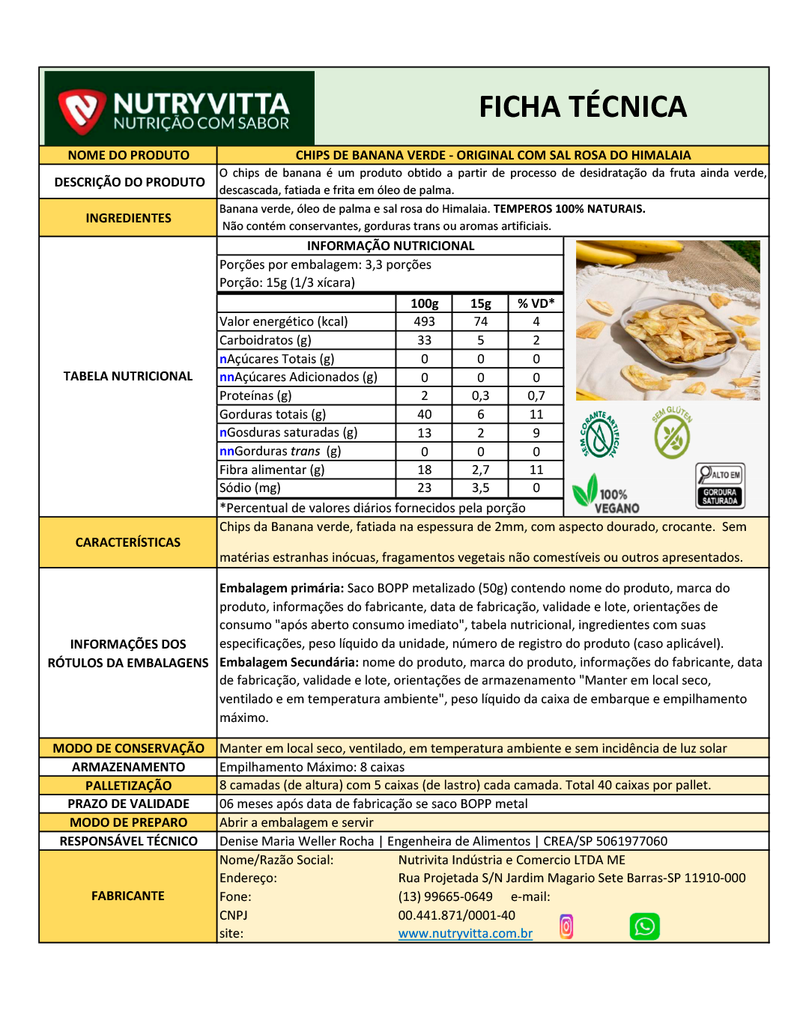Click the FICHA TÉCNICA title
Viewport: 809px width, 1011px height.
[583, 107]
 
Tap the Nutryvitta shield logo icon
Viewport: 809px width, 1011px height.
[82, 111]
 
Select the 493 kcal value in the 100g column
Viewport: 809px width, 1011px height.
[424, 321]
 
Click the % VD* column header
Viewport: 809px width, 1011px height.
[536, 303]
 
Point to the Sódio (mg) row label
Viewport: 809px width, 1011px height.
[250, 488]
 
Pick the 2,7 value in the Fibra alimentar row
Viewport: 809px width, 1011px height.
[480, 470]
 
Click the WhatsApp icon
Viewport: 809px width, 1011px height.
[644, 926]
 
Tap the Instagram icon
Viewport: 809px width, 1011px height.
[566, 926]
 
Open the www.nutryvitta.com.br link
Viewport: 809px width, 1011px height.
[465, 934]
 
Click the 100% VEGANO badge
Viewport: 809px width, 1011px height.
[606, 495]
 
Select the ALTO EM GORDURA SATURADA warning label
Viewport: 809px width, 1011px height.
[720, 486]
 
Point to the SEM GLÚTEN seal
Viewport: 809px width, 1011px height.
[672, 434]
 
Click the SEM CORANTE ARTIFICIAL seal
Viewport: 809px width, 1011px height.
[599, 435]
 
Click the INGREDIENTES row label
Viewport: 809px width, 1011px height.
[128, 218]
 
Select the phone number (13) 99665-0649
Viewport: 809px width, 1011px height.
[445, 896]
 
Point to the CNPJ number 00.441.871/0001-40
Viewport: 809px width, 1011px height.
[456, 915]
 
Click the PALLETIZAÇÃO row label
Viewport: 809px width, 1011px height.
[128, 786]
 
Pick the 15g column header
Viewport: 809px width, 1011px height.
[480, 303]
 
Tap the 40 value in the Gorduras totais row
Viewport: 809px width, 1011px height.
[424, 414]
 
